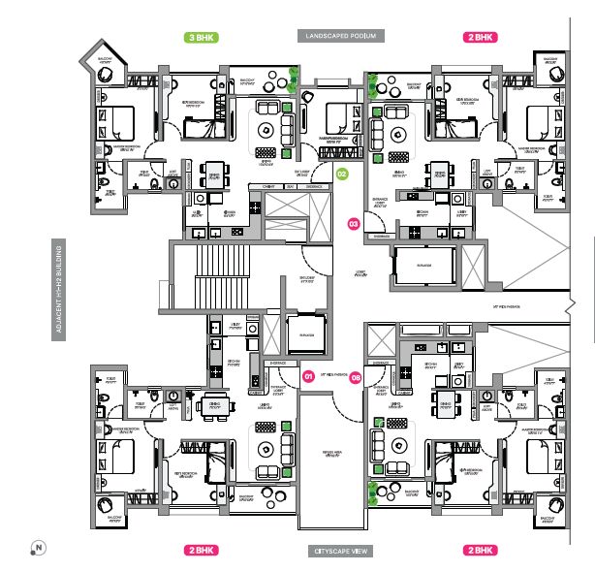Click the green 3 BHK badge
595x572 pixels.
pos(200,38)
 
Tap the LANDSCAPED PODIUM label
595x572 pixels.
pos(340,36)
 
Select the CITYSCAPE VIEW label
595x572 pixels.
pos(340,550)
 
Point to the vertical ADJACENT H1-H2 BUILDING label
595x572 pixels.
pos(59,288)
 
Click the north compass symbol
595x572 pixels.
pos(37,548)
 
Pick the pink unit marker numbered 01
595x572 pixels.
pos(309,375)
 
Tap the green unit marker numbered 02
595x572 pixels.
pos(342,175)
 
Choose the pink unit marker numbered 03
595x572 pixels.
pos(354,225)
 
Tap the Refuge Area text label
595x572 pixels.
pos(332,452)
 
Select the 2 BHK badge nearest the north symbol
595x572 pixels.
pos(200,550)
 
